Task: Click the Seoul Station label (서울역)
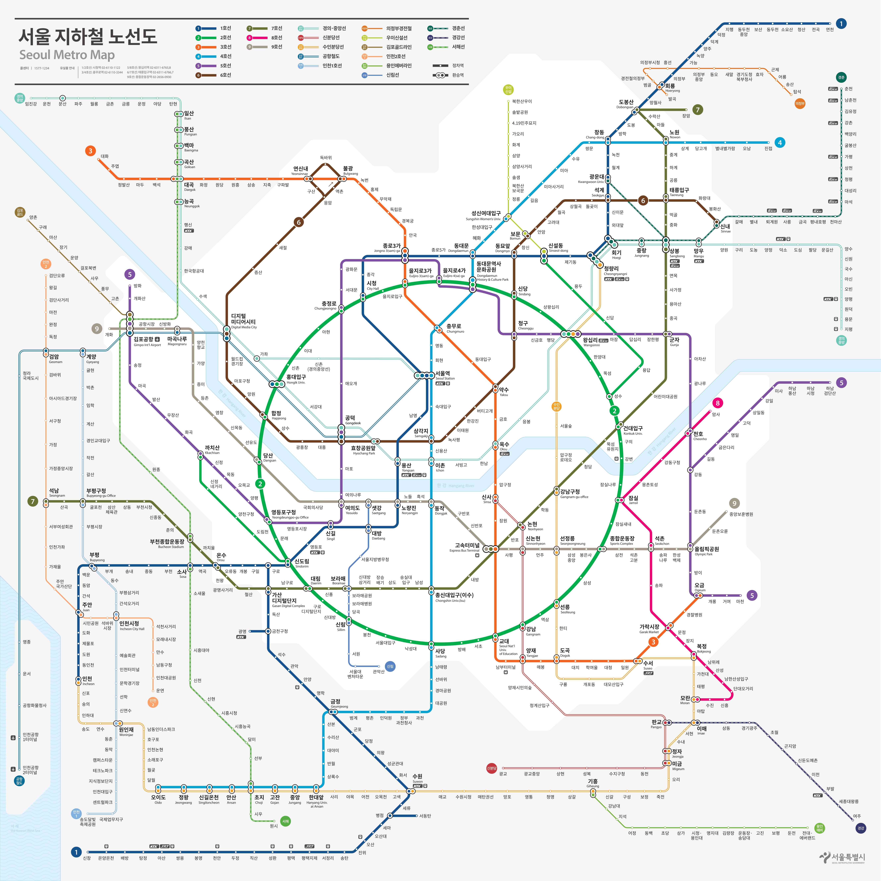(443, 373)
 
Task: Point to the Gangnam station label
(531, 629)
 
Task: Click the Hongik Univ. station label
(296, 377)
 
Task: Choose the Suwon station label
(417, 776)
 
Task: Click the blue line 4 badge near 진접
(780, 143)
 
